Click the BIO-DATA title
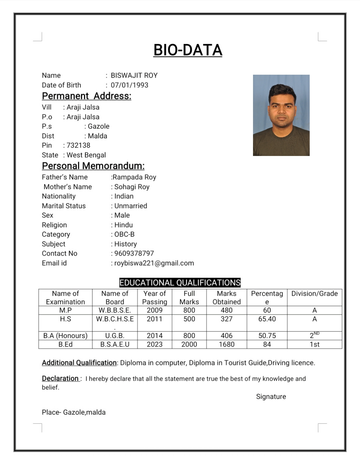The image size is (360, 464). pyautogui.click(x=188, y=50)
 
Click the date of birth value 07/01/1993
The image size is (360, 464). pyautogui.click(x=130, y=85)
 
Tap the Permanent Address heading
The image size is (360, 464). pyautogui.click(x=87, y=96)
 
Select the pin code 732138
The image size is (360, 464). pyautogui.click(x=78, y=145)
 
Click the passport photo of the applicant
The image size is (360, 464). pyautogui.click(x=281, y=115)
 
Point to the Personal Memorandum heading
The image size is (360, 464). pyautogui.click(x=93, y=166)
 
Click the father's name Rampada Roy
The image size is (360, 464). pyautogui.click(x=134, y=177)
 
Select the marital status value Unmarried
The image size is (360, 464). pyautogui.click(x=131, y=206)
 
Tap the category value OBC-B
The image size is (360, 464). pyautogui.click(x=124, y=234)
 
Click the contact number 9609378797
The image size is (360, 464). pyautogui.click(x=134, y=253)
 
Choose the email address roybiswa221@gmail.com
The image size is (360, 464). pyautogui.click(x=154, y=263)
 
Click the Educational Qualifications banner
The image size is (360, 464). pyautogui.click(x=180, y=283)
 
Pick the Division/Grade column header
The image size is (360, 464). pyautogui.click(x=314, y=294)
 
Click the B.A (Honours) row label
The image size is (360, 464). pyautogui.click(x=65, y=336)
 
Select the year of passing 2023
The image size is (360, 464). pyautogui.click(x=155, y=344)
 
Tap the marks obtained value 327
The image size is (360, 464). pyautogui.click(x=227, y=319)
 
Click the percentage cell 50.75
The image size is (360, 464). pyautogui.click(x=267, y=336)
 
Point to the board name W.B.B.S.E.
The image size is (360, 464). pyautogui.click(x=115, y=310)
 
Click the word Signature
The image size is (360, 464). pyautogui.click(x=271, y=397)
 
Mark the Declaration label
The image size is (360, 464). pyautogui.click(x=60, y=379)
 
